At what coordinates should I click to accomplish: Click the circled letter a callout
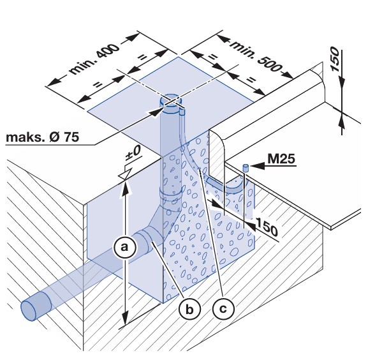(x=124, y=248)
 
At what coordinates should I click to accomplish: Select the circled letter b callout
(x=189, y=309)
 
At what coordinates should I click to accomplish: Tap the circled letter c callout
(x=223, y=308)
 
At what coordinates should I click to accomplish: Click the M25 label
(x=281, y=159)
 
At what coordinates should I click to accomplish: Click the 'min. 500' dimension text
(x=256, y=56)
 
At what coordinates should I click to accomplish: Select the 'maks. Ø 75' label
(x=43, y=137)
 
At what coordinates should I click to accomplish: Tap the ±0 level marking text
(x=133, y=153)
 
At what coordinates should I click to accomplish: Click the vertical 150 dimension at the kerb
(x=335, y=59)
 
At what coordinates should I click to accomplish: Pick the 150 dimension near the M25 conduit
(x=267, y=227)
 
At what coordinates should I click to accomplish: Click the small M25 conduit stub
(x=245, y=168)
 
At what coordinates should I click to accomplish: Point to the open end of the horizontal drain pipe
(x=29, y=310)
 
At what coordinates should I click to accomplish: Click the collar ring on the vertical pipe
(x=171, y=195)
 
